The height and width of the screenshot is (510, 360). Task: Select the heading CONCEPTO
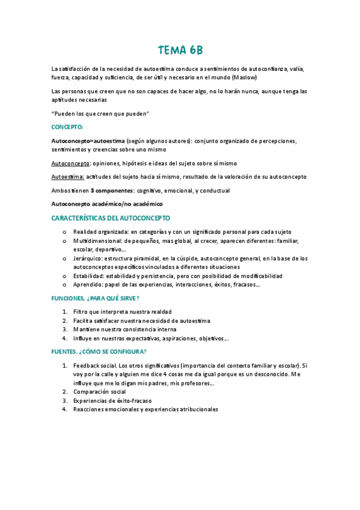67,127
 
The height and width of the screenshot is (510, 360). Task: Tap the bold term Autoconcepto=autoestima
88,141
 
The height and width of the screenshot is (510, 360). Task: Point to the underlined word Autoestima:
68,177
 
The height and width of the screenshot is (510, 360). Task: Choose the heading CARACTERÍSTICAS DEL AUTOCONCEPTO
111,218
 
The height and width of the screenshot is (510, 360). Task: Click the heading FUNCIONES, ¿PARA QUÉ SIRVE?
96,298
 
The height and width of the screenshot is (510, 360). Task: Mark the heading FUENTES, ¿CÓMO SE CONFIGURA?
99,352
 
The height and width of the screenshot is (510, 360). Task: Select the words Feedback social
95,366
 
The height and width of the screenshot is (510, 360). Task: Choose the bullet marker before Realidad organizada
64,232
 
